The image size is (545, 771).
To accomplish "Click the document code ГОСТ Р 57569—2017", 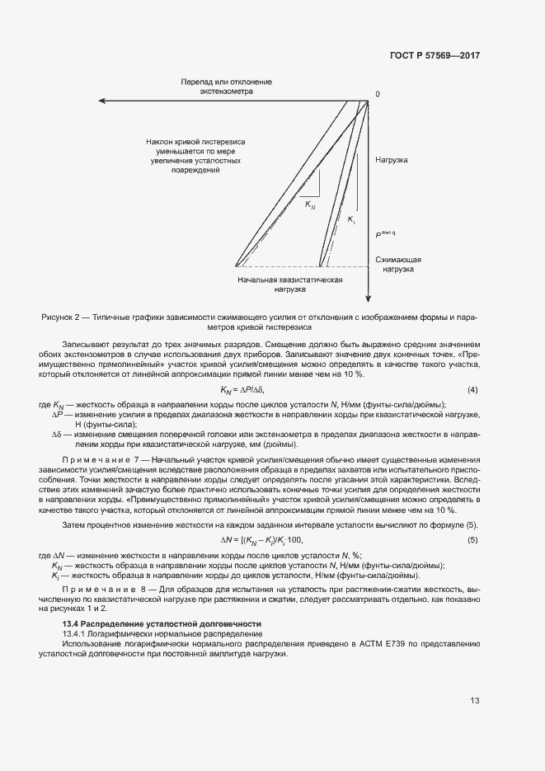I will click(434, 56).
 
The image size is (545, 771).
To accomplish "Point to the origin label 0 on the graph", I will click(378, 94).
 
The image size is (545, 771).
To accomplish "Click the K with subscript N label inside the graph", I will click(310, 204).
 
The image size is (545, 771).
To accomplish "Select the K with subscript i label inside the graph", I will click(351, 220).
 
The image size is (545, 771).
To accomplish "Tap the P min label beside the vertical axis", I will click(387, 234).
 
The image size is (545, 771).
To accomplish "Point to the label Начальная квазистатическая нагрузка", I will click(290, 284).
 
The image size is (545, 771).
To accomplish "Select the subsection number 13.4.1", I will click(77, 633).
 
